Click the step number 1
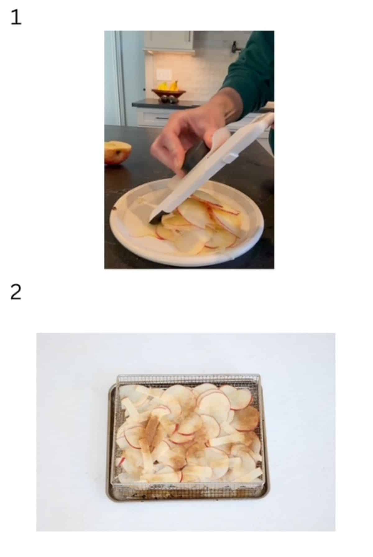click(16, 17)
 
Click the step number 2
click(16, 292)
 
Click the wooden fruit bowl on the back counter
click(168, 93)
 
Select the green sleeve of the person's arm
click(252, 71)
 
